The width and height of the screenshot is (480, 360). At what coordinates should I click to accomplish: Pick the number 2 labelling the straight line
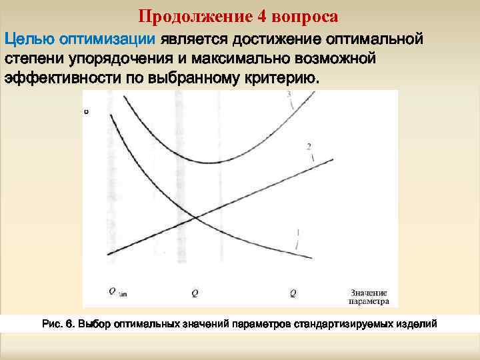pos(309,146)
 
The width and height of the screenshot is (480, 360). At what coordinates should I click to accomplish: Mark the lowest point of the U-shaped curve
pos(212,161)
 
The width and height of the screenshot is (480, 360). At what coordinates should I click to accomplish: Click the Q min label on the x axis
pos(118,291)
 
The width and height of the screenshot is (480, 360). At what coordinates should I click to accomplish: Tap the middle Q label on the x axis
pos(195,292)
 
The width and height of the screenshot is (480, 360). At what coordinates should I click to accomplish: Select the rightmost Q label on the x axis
pos(293,292)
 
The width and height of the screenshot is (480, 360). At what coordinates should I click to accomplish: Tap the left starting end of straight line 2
pos(108,253)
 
